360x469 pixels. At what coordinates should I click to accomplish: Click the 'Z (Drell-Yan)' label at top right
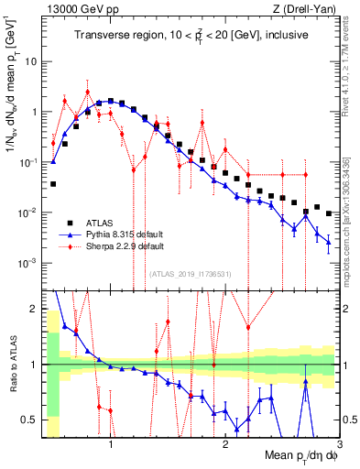(307, 8)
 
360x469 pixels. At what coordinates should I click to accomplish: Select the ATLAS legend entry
(102, 223)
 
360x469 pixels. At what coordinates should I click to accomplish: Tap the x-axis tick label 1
(111, 446)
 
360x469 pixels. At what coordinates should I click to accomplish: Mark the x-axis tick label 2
(224, 446)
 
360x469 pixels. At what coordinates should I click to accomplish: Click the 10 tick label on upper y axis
(32, 62)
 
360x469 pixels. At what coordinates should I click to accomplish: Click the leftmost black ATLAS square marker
(53, 184)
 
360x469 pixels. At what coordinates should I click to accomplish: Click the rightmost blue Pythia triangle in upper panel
(328, 243)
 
